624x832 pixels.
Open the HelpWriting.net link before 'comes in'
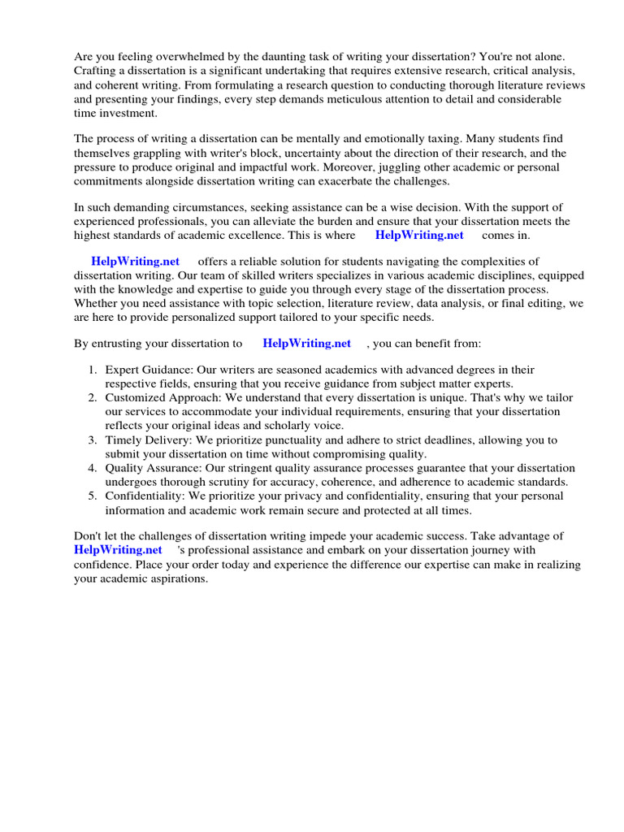419,235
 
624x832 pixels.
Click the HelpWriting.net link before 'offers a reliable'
136,262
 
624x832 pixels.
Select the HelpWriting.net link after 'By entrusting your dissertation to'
307,344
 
